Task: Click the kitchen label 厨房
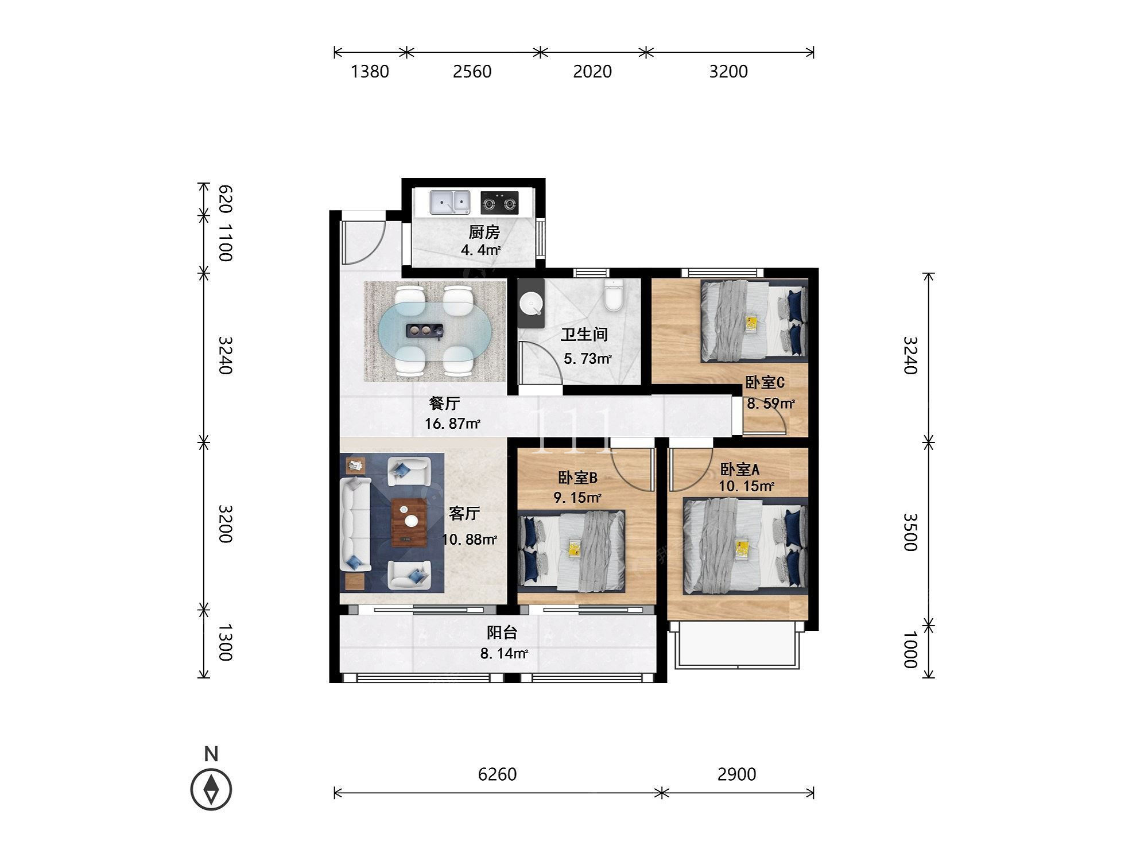pos(484,232)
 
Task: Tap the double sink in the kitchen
pos(450,202)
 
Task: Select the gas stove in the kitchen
pos(499,203)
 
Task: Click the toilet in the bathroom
pos(613,295)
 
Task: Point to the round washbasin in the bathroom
pos(531,302)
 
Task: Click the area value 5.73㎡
pos(588,359)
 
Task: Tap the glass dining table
pos(435,331)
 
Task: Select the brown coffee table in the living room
pos(409,522)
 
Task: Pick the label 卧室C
pos(765,382)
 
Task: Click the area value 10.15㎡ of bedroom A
pos(746,487)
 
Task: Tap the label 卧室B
pos(578,478)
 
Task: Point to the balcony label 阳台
pos(502,633)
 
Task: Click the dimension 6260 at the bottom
pos(497,774)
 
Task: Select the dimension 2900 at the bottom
pos(736,774)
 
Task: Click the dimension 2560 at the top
pos(472,71)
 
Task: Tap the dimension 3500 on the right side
pos(911,532)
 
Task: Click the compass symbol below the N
pos(211,789)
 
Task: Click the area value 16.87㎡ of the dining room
pos(452,424)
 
